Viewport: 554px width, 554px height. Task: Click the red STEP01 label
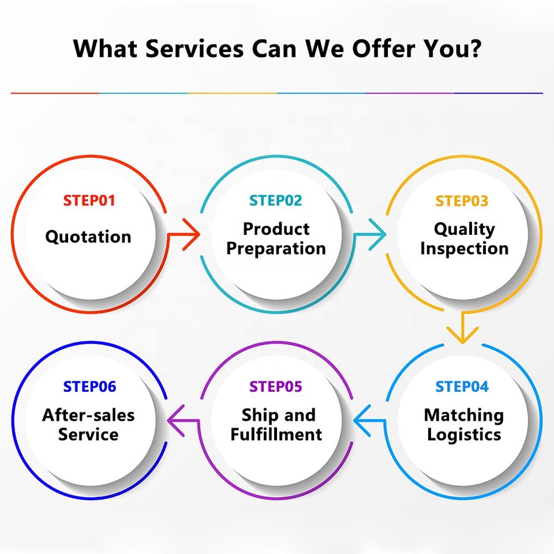(89, 201)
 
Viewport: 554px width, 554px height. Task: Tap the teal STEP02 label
(276, 201)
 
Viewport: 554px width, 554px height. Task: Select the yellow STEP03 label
(462, 201)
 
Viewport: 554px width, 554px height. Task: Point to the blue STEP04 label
(462, 386)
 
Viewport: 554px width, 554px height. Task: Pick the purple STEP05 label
(276, 386)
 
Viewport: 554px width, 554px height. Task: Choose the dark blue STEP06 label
(89, 386)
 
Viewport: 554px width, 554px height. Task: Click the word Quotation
(88, 237)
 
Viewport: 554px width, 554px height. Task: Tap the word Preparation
(276, 249)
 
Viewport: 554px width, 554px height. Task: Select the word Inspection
(464, 249)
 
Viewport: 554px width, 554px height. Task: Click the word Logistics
(464, 434)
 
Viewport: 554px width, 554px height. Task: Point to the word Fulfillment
(276, 434)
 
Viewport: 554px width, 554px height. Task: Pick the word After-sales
(88, 415)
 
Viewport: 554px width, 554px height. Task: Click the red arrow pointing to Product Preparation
(189, 234)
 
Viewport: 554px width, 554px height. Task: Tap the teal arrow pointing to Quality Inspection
(375, 234)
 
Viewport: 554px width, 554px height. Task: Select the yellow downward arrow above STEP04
(463, 329)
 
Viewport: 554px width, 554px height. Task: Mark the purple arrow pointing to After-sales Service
(178, 420)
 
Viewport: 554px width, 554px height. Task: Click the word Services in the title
(194, 49)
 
